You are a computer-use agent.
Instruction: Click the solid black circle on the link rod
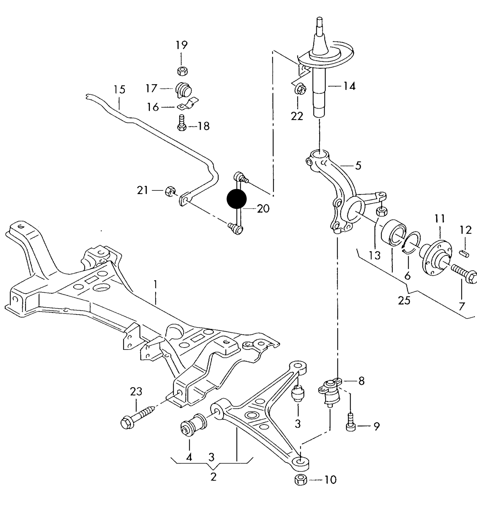[x=237, y=199]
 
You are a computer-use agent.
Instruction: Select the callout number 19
[x=181, y=45]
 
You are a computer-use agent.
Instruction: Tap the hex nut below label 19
[x=182, y=70]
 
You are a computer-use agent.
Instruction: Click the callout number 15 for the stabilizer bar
[x=119, y=89]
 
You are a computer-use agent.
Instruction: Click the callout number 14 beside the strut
[x=349, y=86]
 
